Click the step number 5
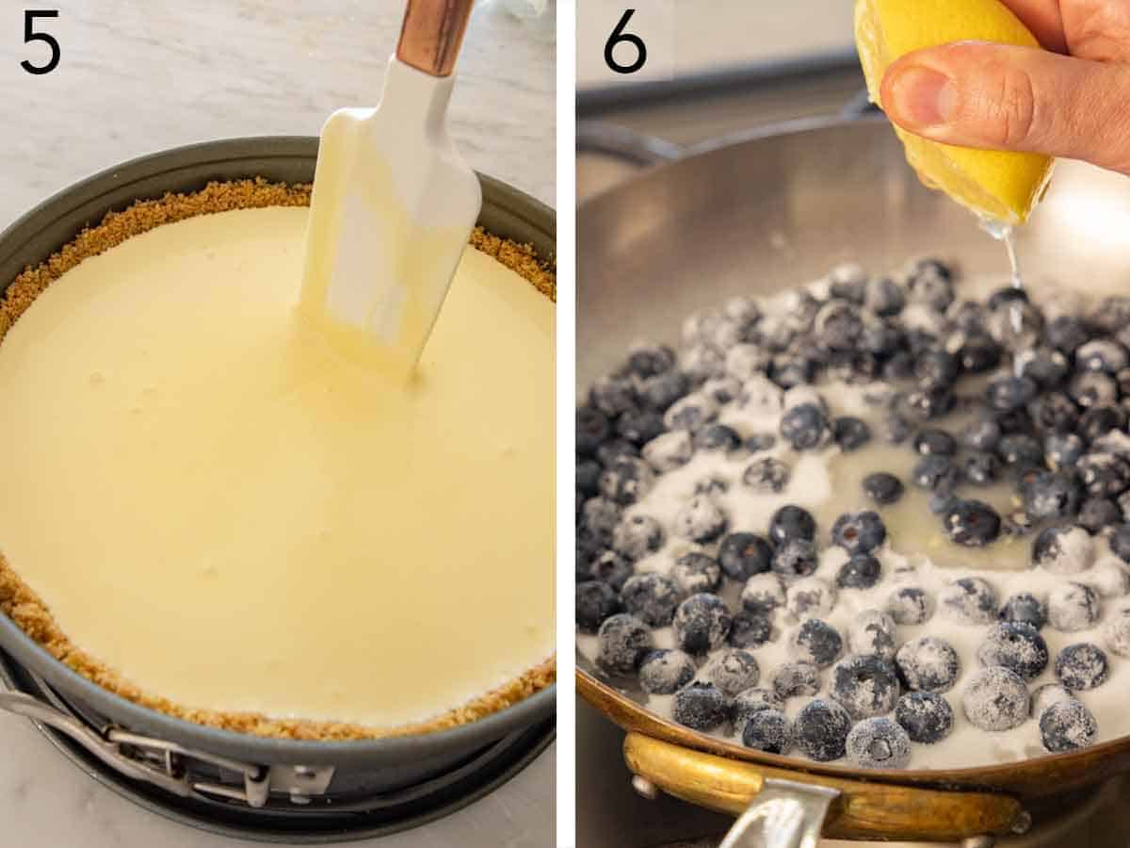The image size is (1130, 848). (x=40, y=42)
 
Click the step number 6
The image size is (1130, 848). (x=625, y=42)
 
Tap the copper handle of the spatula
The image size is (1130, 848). (x=434, y=34)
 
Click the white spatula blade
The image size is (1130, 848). (x=395, y=207)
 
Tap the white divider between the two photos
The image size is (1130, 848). (x=565, y=424)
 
